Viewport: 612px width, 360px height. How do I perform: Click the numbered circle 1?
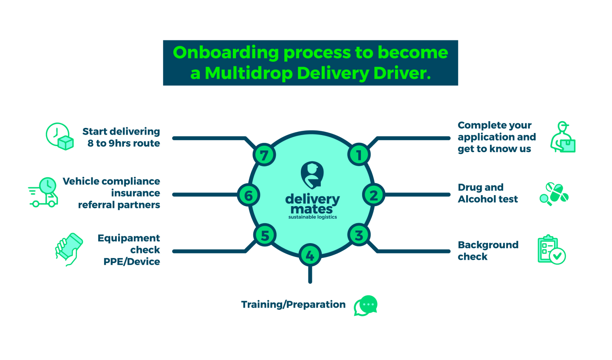tap(359, 155)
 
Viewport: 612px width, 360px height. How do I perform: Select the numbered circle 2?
tap(374, 195)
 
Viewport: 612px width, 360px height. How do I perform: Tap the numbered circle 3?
tap(359, 235)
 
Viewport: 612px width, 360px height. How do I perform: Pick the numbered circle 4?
tap(310, 255)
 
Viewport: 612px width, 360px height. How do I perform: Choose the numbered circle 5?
tap(265, 235)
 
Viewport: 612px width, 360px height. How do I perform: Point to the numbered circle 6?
tap(249, 195)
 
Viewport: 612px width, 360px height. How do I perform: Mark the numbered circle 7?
tap(264, 155)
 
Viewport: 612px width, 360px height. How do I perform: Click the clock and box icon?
tap(60, 136)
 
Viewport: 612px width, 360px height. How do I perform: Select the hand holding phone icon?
tap(69, 249)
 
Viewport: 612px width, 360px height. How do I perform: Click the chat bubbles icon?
tap(365, 306)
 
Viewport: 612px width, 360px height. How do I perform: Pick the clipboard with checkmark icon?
tap(551, 250)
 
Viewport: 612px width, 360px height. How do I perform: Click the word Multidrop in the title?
tap(249, 73)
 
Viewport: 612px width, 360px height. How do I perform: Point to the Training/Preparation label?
tap(293, 305)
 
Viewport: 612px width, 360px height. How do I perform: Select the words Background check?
tap(488, 251)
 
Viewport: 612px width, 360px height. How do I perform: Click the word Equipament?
tap(129, 238)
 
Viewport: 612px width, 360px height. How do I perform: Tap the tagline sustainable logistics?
tap(312, 217)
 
